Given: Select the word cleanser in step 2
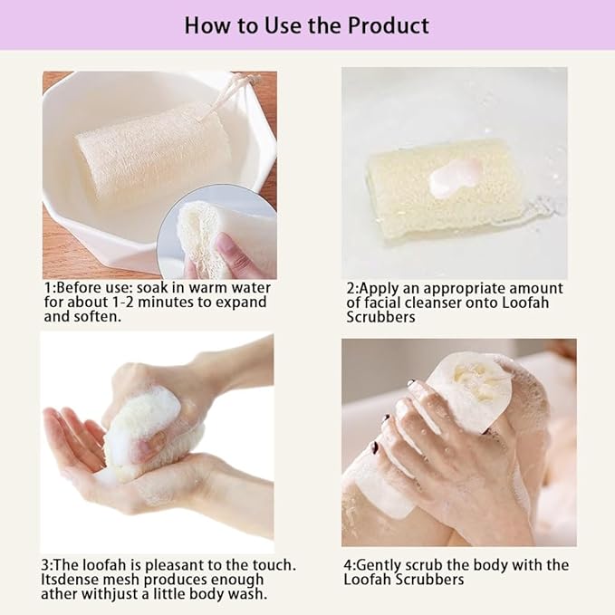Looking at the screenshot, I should point(439,303).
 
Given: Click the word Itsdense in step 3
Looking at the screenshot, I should point(73,580).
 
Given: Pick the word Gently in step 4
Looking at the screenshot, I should point(384,565).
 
